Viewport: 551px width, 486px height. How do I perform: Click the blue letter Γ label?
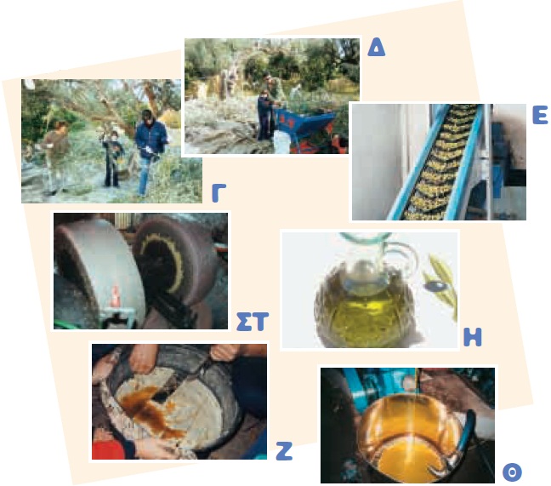[x=219, y=192]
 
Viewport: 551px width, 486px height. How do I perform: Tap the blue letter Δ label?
[x=376, y=48]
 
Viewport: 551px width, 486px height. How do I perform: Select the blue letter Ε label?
[x=540, y=115]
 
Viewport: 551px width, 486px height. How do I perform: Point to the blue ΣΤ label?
[x=252, y=322]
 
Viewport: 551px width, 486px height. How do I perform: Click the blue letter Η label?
[x=472, y=337]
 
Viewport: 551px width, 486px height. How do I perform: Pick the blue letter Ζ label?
[x=284, y=451]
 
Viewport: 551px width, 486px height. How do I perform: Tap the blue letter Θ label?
[x=512, y=472]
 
